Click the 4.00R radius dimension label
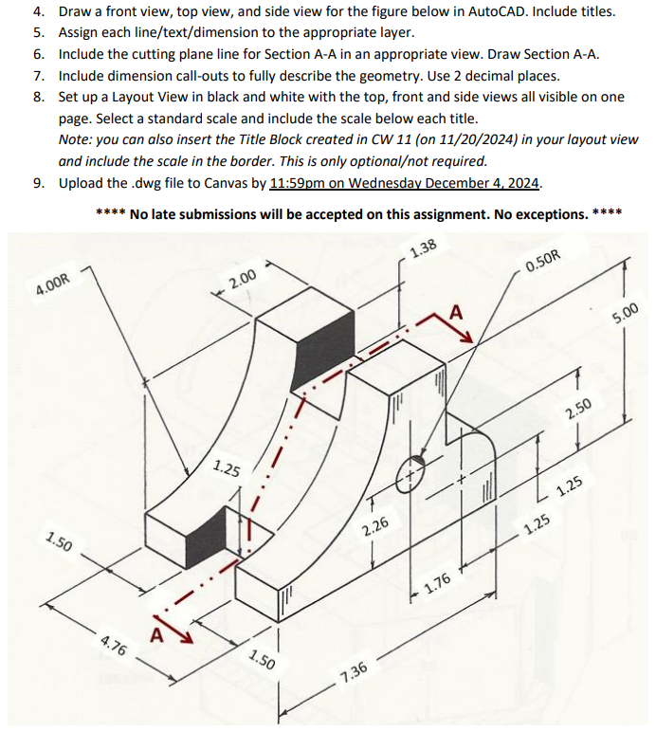[40, 287]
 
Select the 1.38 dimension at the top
[424, 249]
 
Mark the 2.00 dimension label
[243, 280]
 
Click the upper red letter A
[455, 312]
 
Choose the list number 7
[39, 75]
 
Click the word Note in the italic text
[75, 139]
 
